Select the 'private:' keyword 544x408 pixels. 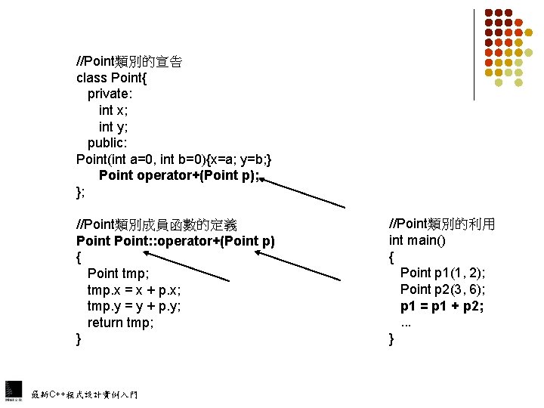(111, 94)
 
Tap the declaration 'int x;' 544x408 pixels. (113, 110)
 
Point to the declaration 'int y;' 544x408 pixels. (113, 127)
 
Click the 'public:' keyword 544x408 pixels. (108, 143)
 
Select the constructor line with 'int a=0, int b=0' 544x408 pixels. (180, 159)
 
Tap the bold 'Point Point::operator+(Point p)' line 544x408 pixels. (175, 241)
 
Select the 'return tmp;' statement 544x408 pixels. (121, 323)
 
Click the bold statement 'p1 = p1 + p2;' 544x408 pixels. (442, 306)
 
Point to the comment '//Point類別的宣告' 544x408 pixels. (128, 62)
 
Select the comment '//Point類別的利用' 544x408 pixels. (442, 224)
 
